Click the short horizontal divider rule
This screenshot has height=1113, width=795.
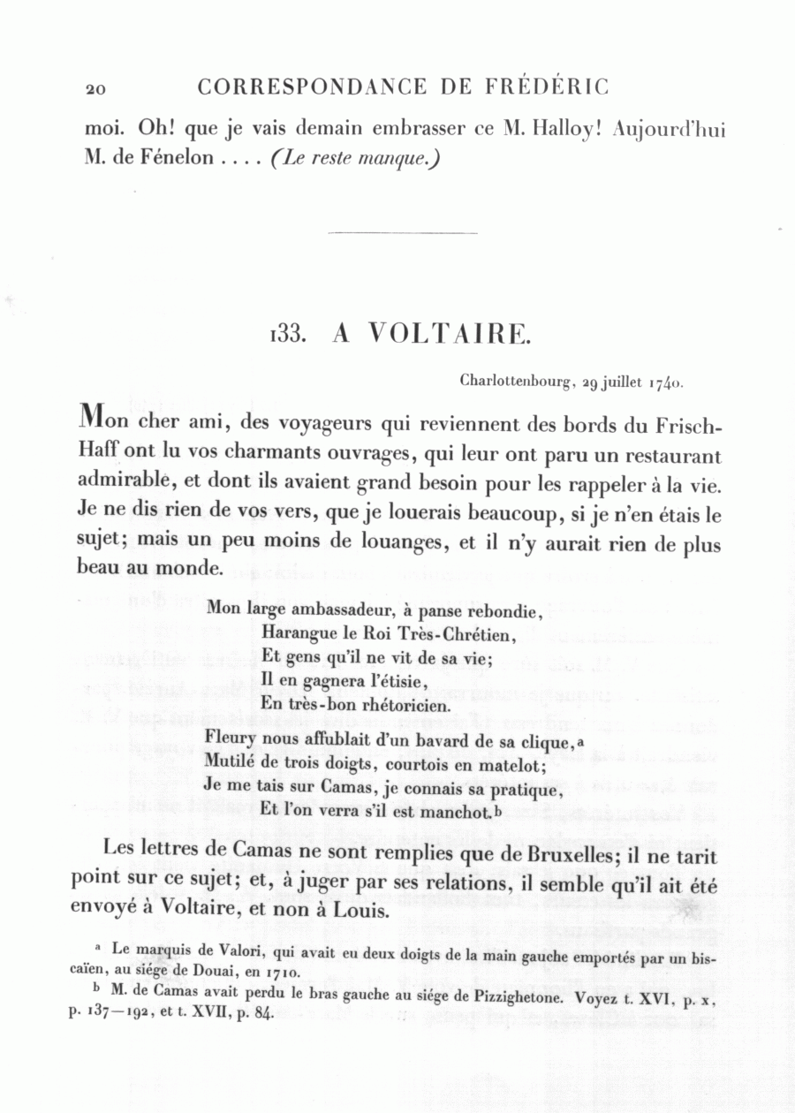pos(402,233)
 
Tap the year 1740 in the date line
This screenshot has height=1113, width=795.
pos(666,382)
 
